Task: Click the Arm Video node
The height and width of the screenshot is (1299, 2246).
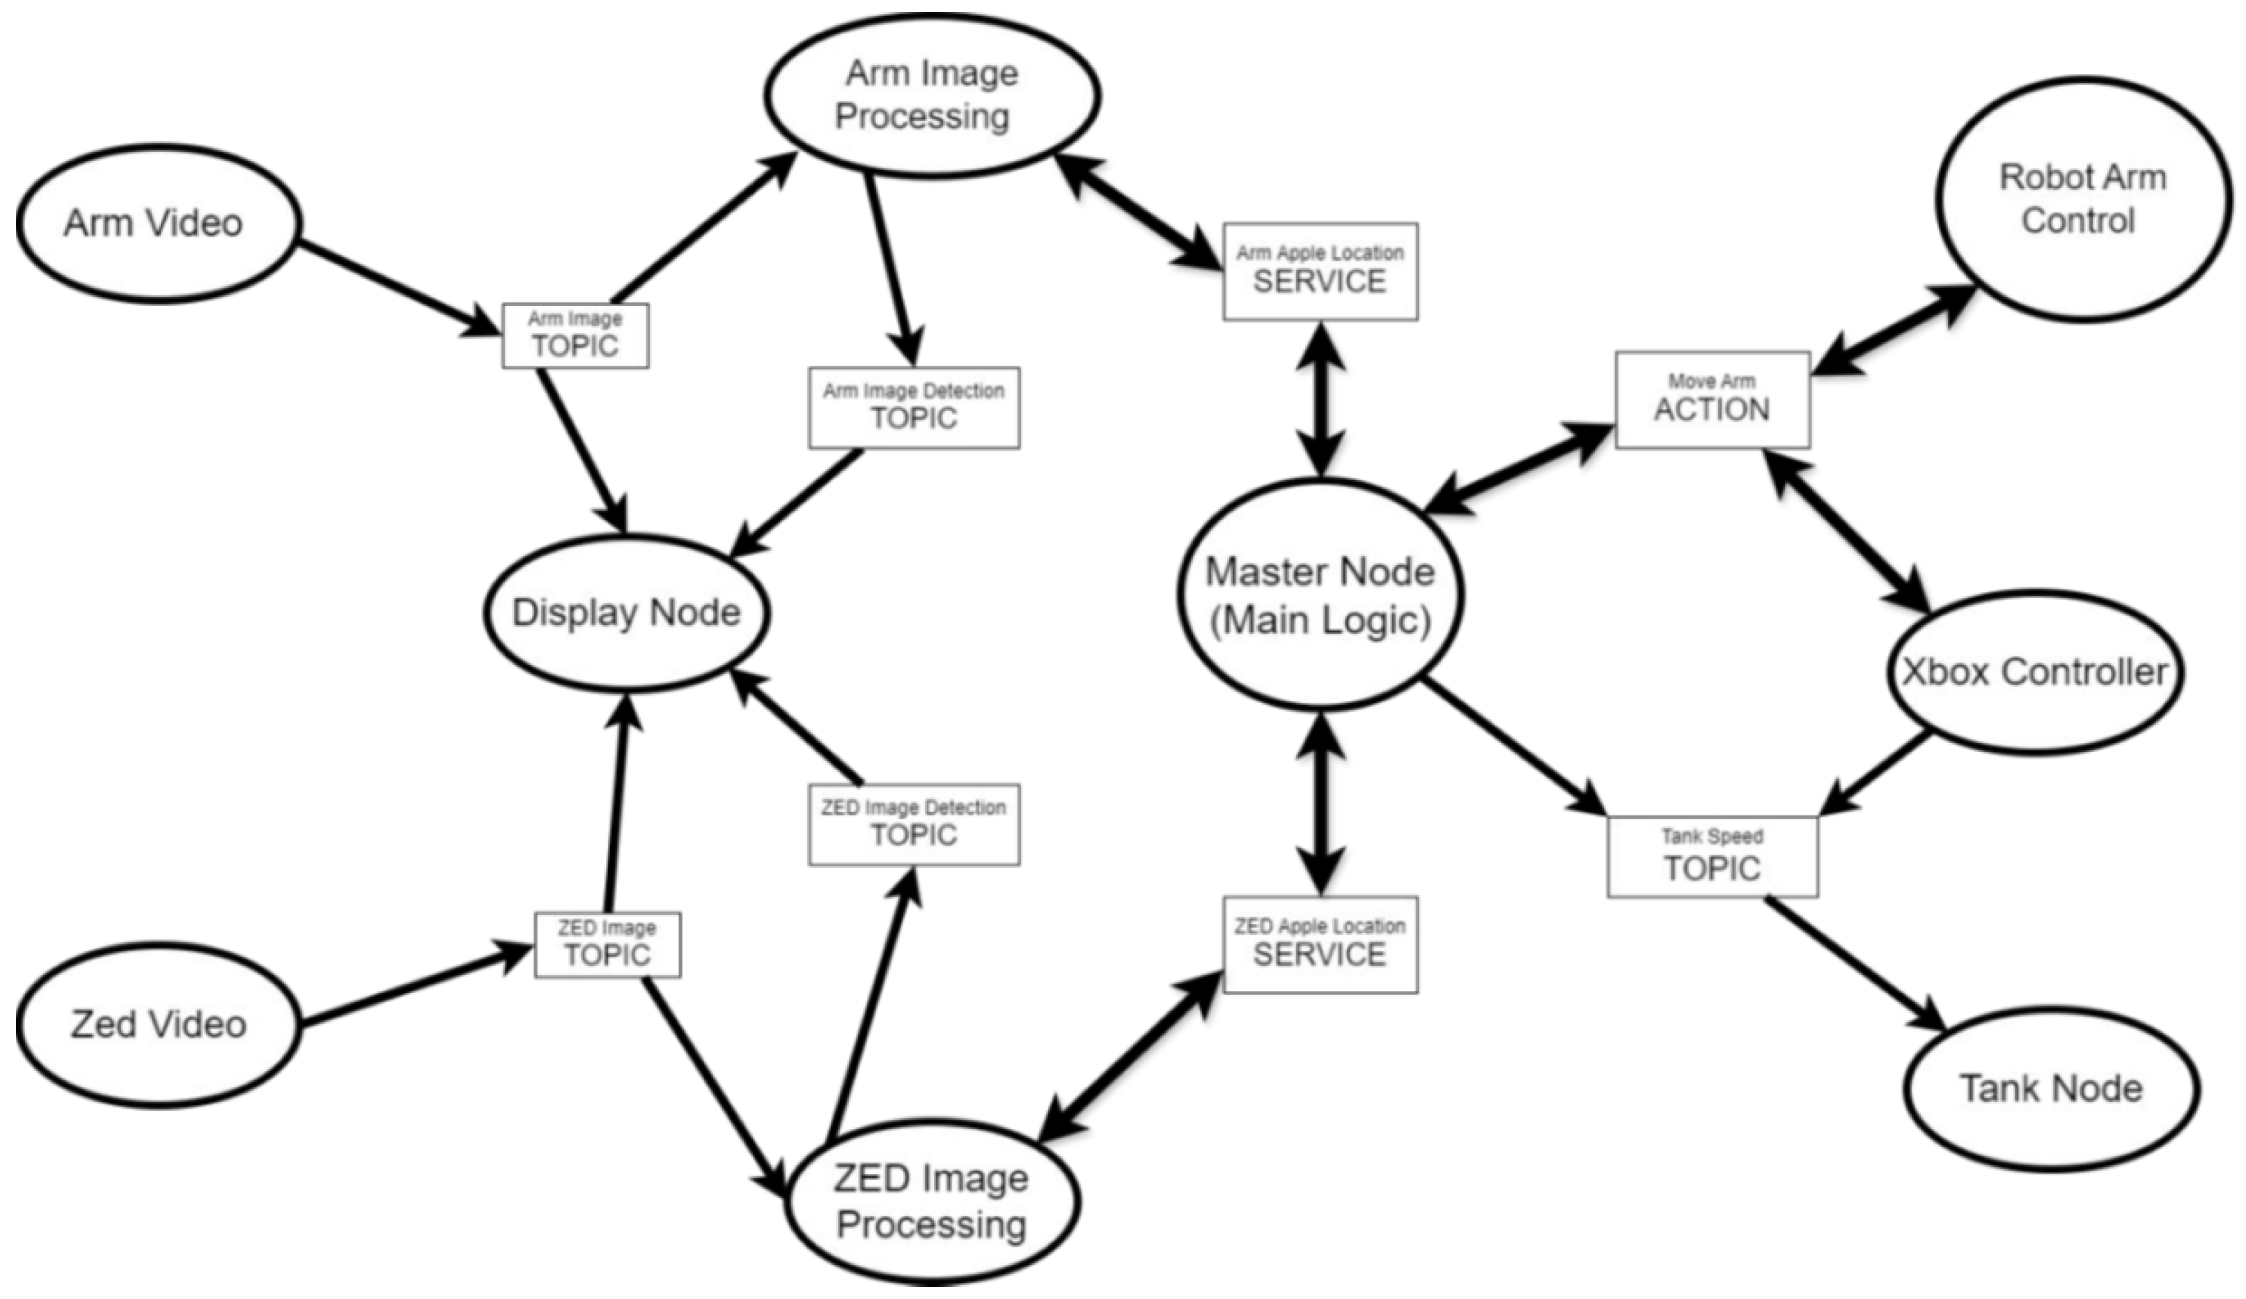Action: click(x=157, y=223)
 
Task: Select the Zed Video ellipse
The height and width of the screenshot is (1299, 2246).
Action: click(x=159, y=1024)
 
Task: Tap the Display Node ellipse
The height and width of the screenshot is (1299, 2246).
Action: click(x=627, y=613)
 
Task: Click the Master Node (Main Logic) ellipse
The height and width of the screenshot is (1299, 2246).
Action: click(x=1320, y=596)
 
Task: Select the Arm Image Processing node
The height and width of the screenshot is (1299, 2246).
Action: click(x=930, y=95)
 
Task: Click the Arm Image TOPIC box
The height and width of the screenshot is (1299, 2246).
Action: click(x=575, y=336)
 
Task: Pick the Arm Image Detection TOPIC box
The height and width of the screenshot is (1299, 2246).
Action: click(x=914, y=408)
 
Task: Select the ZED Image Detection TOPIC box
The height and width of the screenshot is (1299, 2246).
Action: click(x=914, y=824)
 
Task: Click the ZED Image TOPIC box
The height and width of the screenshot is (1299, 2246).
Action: click(x=607, y=945)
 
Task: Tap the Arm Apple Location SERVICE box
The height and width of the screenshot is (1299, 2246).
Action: click(x=1320, y=271)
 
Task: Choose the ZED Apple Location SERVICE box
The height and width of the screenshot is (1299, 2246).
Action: click(x=1320, y=944)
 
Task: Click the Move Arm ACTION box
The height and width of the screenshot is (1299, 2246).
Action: click(x=1712, y=399)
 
